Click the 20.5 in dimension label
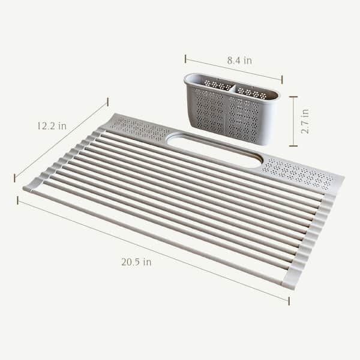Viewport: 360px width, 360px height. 136,262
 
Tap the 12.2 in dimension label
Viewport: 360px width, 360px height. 52,126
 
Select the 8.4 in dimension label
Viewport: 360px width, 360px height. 239,61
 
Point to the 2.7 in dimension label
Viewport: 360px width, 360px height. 305,121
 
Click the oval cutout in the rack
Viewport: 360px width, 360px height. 214,149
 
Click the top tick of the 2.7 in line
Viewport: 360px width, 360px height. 293,97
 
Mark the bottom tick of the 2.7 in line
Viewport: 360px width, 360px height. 293,146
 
